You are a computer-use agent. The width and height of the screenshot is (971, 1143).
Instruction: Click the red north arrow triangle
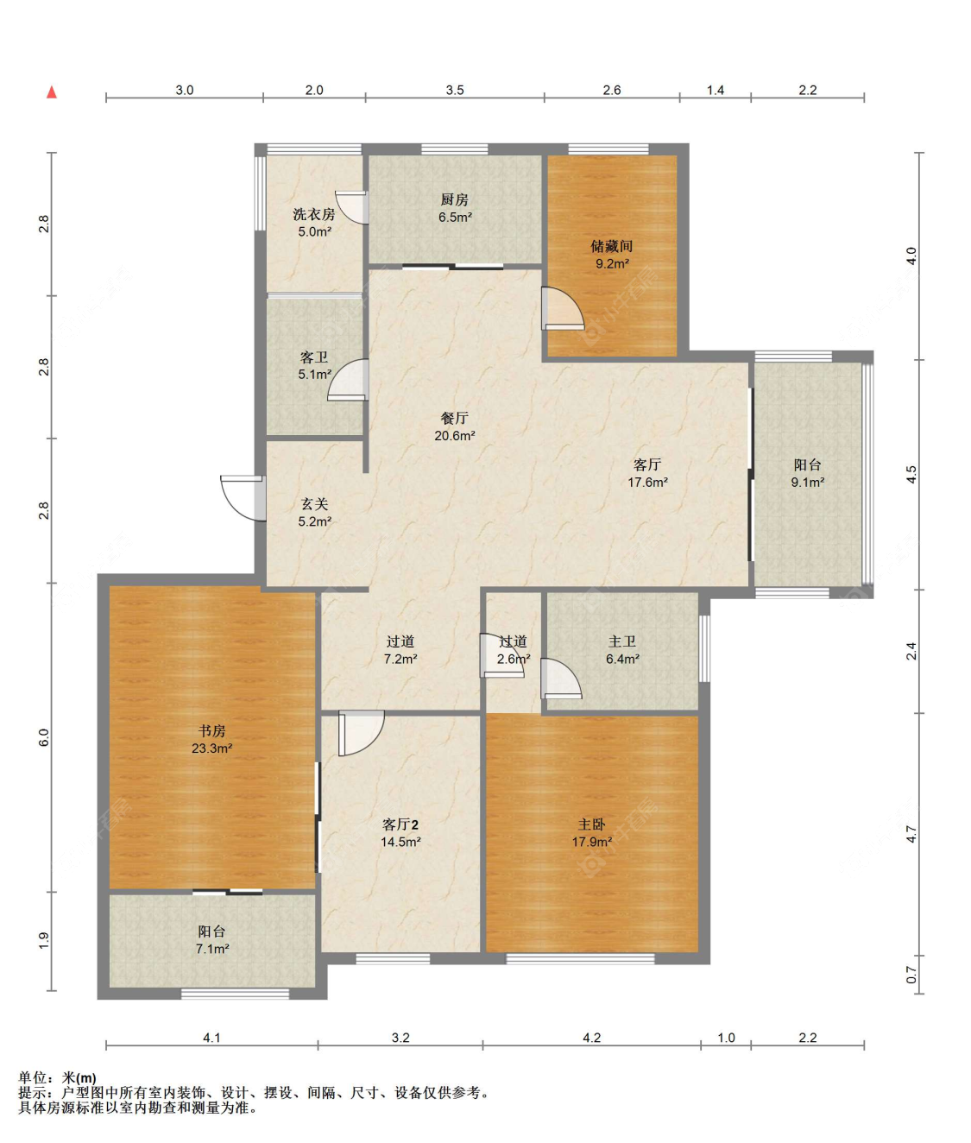52,92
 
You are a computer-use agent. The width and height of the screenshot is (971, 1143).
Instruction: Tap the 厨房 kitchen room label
455,199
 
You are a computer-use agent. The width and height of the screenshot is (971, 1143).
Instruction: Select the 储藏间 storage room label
612,246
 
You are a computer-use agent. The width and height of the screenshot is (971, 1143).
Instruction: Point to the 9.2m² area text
612,264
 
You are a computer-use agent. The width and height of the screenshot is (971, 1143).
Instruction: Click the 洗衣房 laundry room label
314,214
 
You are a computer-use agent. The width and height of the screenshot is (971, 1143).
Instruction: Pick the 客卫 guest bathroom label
314,357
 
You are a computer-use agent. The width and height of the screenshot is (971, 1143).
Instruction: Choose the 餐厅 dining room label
455,418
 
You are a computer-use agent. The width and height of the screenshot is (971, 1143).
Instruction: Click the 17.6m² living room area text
647,483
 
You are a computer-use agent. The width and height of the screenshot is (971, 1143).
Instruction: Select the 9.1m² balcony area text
807,483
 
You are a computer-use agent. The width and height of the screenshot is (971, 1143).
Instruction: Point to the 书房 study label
211,731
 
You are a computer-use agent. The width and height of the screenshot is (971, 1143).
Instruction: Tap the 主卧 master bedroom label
592,824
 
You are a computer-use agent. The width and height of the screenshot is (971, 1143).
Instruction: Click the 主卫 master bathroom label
622,641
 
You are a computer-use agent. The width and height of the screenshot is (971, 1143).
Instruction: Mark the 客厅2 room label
400,824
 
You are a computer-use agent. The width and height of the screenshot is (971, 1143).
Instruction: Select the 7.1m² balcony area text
212,949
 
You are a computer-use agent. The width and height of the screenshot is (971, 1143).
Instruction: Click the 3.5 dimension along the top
455,90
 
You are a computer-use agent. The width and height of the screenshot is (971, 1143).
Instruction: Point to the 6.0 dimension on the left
44,737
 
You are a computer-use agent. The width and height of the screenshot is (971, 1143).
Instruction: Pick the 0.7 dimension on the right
911,975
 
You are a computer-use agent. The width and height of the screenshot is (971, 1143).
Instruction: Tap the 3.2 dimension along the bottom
400,1038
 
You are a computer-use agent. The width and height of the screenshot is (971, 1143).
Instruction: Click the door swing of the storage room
563,308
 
